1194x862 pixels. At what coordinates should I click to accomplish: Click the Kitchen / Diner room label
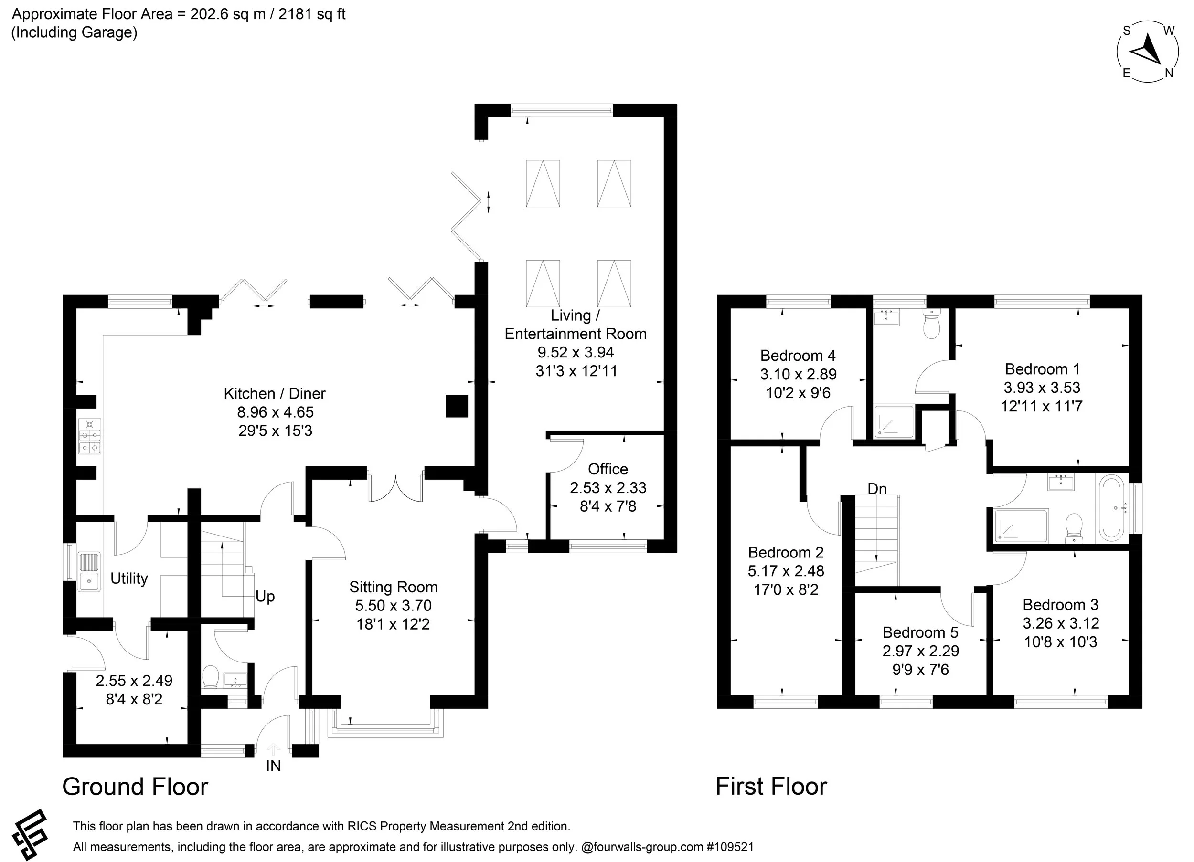[x=274, y=394]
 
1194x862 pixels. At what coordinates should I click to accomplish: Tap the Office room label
[x=608, y=469]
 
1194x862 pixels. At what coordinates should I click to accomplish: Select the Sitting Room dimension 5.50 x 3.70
[x=393, y=606]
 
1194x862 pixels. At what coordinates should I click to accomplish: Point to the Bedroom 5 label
[x=920, y=632]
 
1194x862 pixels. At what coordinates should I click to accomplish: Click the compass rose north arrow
[x=1146, y=52]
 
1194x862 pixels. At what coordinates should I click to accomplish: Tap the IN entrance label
[x=273, y=766]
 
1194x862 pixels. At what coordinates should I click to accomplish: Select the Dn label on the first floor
[x=877, y=489]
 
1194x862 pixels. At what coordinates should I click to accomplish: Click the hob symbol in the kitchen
[x=89, y=436]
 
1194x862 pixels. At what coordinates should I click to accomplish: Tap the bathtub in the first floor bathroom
[x=1111, y=507]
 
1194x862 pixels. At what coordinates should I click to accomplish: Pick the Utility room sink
[x=89, y=571]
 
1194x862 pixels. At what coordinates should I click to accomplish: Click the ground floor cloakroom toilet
[x=211, y=677]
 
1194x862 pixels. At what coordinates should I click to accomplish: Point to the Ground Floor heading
[x=135, y=787]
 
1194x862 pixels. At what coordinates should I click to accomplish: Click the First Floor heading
[x=771, y=787]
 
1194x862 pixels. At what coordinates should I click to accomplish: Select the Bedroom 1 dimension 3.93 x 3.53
[x=1042, y=388]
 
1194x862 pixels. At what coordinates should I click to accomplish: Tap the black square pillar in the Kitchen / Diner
[x=457, y=406]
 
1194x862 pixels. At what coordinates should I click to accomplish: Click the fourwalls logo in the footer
[x=30, y=833]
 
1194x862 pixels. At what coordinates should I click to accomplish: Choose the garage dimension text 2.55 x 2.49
[x=134, y=681]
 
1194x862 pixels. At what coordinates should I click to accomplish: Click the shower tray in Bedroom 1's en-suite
[x=894, y=421]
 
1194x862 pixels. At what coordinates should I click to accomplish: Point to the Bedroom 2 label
[x=786, y=553]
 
